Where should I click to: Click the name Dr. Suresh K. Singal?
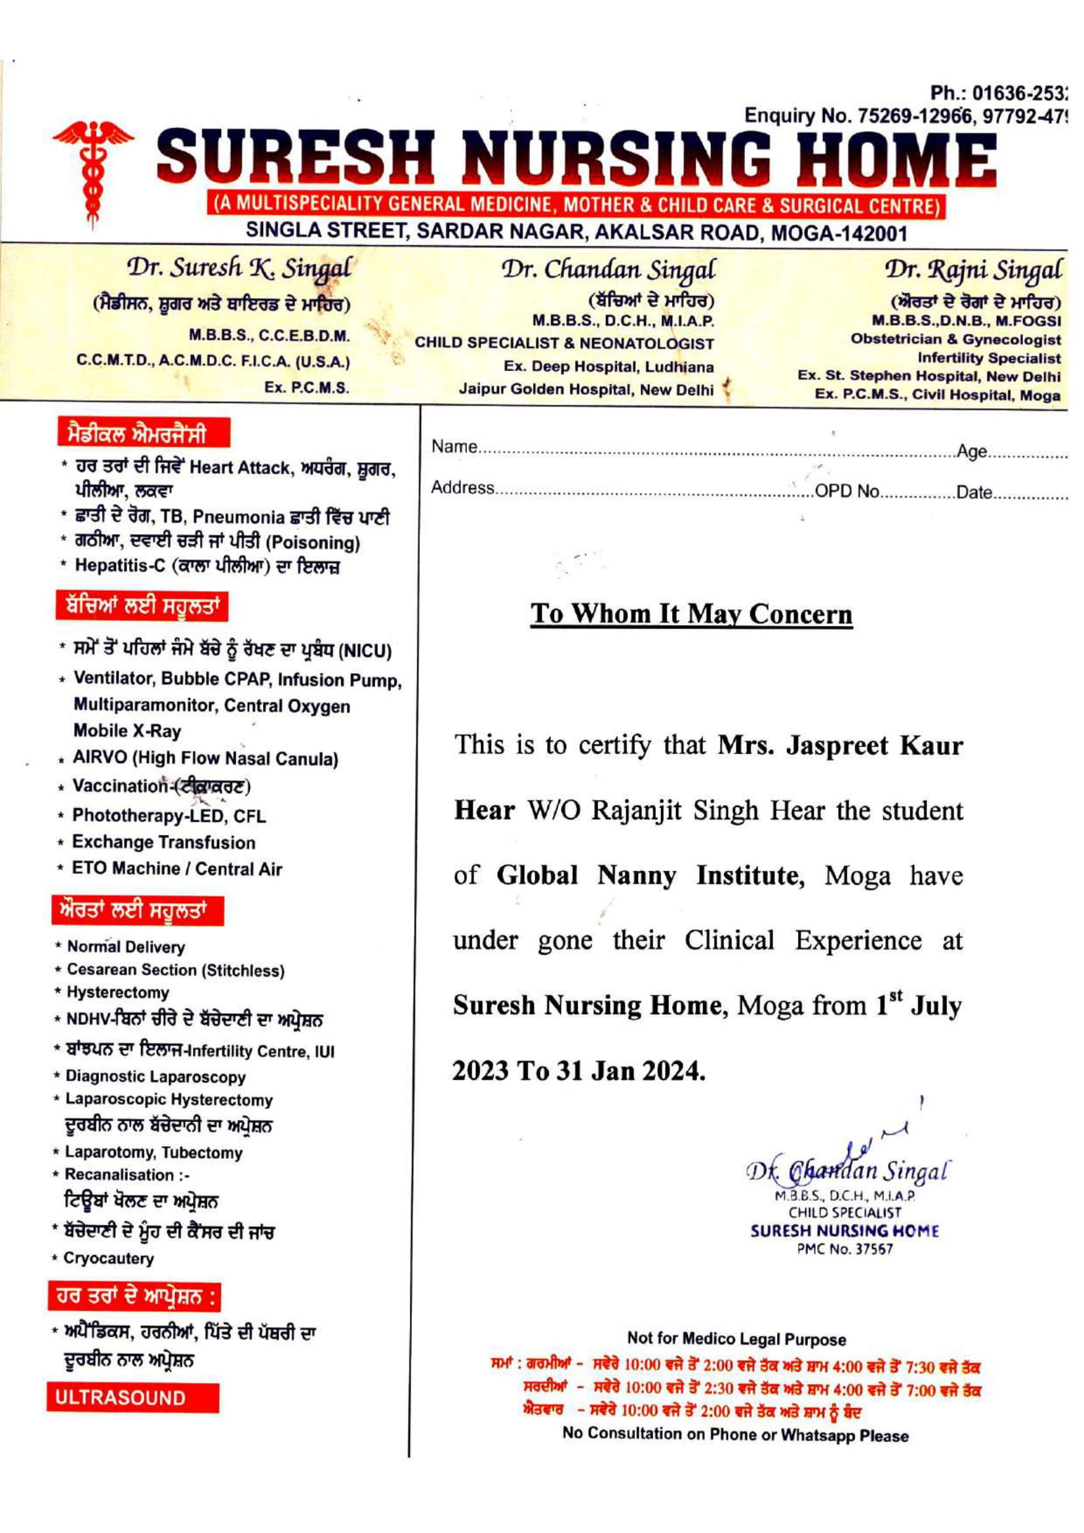coord(239,269)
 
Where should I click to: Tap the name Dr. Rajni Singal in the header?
coord(973,271)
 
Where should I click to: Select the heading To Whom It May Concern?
coord(691,614)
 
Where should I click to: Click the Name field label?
coord(454,447)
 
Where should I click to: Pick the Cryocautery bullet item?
coord(108,1258)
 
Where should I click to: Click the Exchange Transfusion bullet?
coord(163,843)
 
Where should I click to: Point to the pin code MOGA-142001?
coord(839,234)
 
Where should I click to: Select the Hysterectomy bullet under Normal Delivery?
coord(117,993)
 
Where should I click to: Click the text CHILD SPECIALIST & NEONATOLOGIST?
coord(565,344)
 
